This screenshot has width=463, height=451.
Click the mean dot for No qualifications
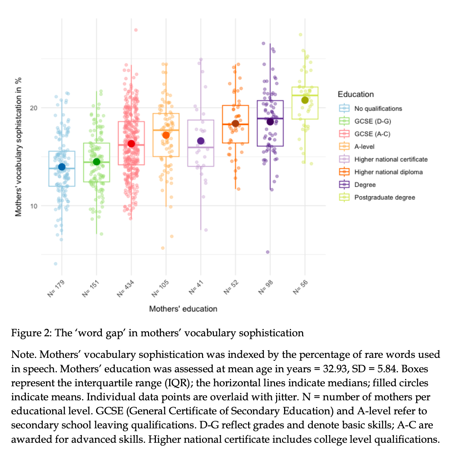tap(62, 167)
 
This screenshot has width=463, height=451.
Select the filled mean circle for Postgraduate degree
tap(305, 100)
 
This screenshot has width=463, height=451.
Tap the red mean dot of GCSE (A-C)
tap(131, 144)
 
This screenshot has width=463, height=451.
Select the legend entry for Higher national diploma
tap(388, 172)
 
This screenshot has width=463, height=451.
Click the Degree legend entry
tap(365, 185)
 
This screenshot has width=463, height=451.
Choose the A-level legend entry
tap(364, 147)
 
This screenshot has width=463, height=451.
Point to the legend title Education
tap(356, 94)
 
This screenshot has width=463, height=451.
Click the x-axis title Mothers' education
tap(183, 309)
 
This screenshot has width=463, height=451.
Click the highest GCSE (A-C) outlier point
tap(136, 30)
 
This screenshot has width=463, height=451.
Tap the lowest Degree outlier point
tap(268, 252)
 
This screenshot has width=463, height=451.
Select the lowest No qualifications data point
tap(55, 264)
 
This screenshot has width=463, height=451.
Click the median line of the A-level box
tap(166, 130)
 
